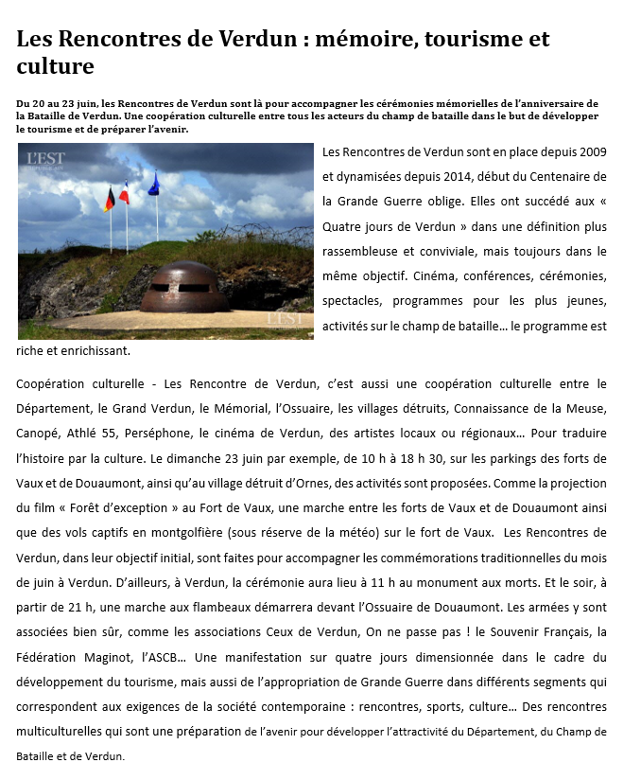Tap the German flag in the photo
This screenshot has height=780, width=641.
pyautogui.click(x=110, y=199)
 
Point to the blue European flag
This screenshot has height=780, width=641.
pyautogui.click(x=154, y=184)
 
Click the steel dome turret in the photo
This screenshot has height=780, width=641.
pyautogui.click(x=183, y=287)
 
